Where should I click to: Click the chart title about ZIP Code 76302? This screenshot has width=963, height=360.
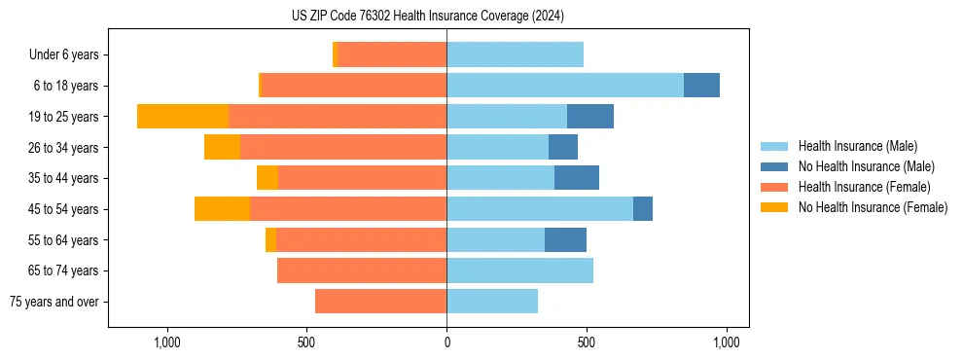pos(427,17)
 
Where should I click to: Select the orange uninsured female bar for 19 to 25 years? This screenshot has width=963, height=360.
pos(183,117)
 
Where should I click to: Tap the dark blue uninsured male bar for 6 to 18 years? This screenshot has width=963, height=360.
pos(701,86)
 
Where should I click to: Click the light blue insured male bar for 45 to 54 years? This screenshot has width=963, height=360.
pos(540,209)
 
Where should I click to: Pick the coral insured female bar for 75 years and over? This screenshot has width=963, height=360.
pos(380,302)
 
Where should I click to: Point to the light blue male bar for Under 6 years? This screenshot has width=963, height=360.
pos(515,55)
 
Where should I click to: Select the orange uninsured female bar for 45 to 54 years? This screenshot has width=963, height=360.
pos(222,209)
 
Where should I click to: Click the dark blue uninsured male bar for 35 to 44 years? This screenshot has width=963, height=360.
pos(577,178)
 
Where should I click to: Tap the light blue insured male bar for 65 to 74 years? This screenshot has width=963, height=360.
pos(519,270)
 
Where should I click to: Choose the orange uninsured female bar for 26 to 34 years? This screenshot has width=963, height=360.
pos(222,147)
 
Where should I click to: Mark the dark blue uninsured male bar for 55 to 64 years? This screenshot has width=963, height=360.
pos(565,240)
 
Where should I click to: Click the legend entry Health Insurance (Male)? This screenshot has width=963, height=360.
pos(857,146)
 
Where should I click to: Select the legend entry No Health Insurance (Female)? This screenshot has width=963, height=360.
pos(873,207)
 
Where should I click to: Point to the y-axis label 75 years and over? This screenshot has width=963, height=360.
pos(53,302)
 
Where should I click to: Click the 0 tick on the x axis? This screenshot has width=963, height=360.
pos(446,342)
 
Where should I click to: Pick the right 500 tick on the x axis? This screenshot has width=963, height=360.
pos(587,342)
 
